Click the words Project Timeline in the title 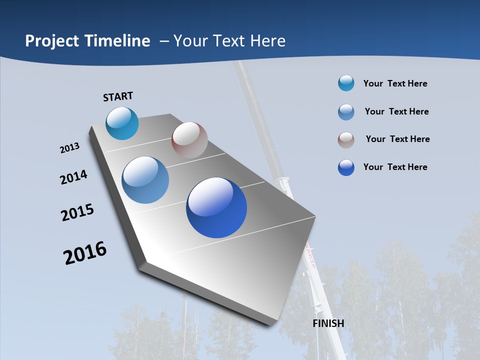tap(87, 41)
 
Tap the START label tap(118, 96)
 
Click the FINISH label tap(328, 323)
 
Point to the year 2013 tap(69, 148)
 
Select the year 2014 tap(73, 177)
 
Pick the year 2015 tap(77, 212)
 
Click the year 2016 tap(85, 253)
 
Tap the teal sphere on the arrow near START tap(122, 123)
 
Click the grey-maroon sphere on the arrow tap(189, 140)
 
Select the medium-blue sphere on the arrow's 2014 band tap(145, 180)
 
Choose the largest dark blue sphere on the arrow tap(216, 207)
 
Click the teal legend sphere tap(346, 83)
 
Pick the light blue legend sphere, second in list tap(346, 112)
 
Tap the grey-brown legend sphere tap(346, 140)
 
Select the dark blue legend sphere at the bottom tap(346, 167)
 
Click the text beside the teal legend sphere tap(395, 83)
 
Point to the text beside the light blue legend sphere tap(396, 111)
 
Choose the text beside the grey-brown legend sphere tap(397, 139)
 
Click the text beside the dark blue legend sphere tap(395, 167)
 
